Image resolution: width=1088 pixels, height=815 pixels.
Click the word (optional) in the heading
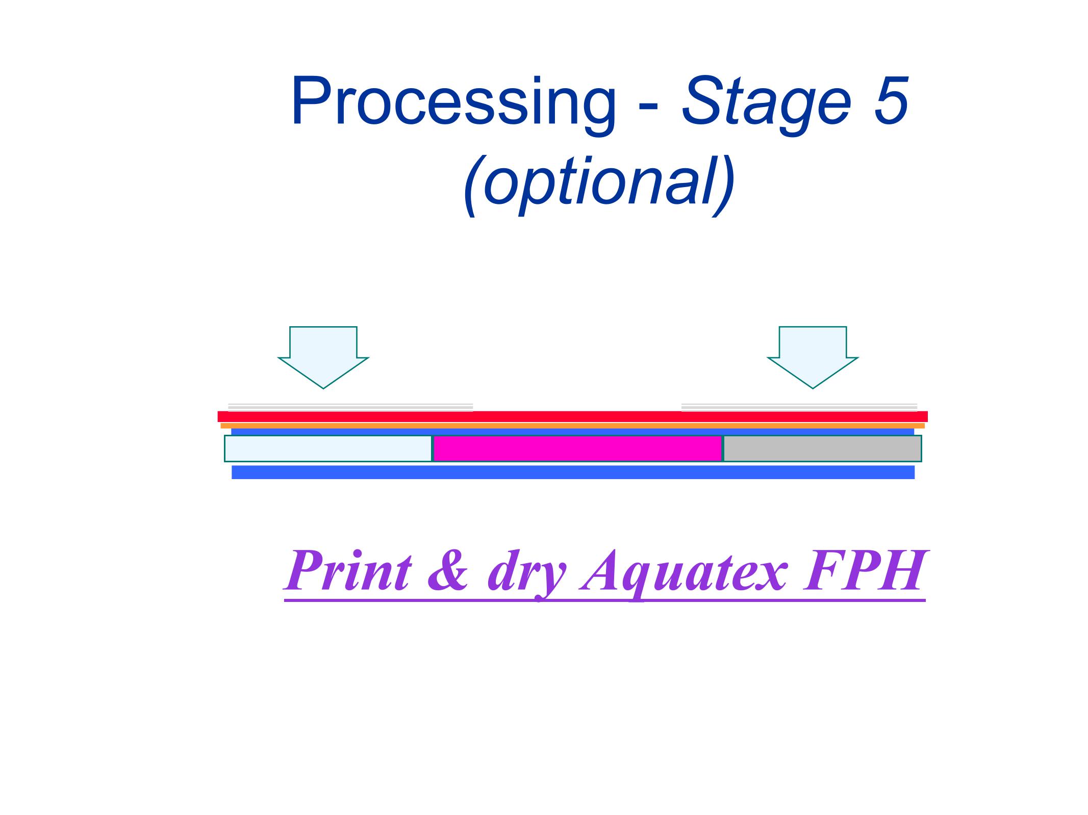[599, 183]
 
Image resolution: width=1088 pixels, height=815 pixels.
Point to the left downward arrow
[323, 357]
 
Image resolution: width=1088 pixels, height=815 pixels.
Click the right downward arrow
[813, 357]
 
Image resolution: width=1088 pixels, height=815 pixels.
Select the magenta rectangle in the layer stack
[577, 449]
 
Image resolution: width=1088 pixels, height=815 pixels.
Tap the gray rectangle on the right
[822, 449]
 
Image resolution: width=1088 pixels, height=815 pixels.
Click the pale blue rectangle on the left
[328, 449]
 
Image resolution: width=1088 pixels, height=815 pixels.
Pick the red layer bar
[572, 416]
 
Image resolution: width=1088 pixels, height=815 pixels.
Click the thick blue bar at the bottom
[573, 472]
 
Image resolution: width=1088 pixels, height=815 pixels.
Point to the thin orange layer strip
[572, 426]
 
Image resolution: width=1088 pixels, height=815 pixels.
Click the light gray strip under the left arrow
[350, 407]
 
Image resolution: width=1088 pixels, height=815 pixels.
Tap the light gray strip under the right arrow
[799, 407]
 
